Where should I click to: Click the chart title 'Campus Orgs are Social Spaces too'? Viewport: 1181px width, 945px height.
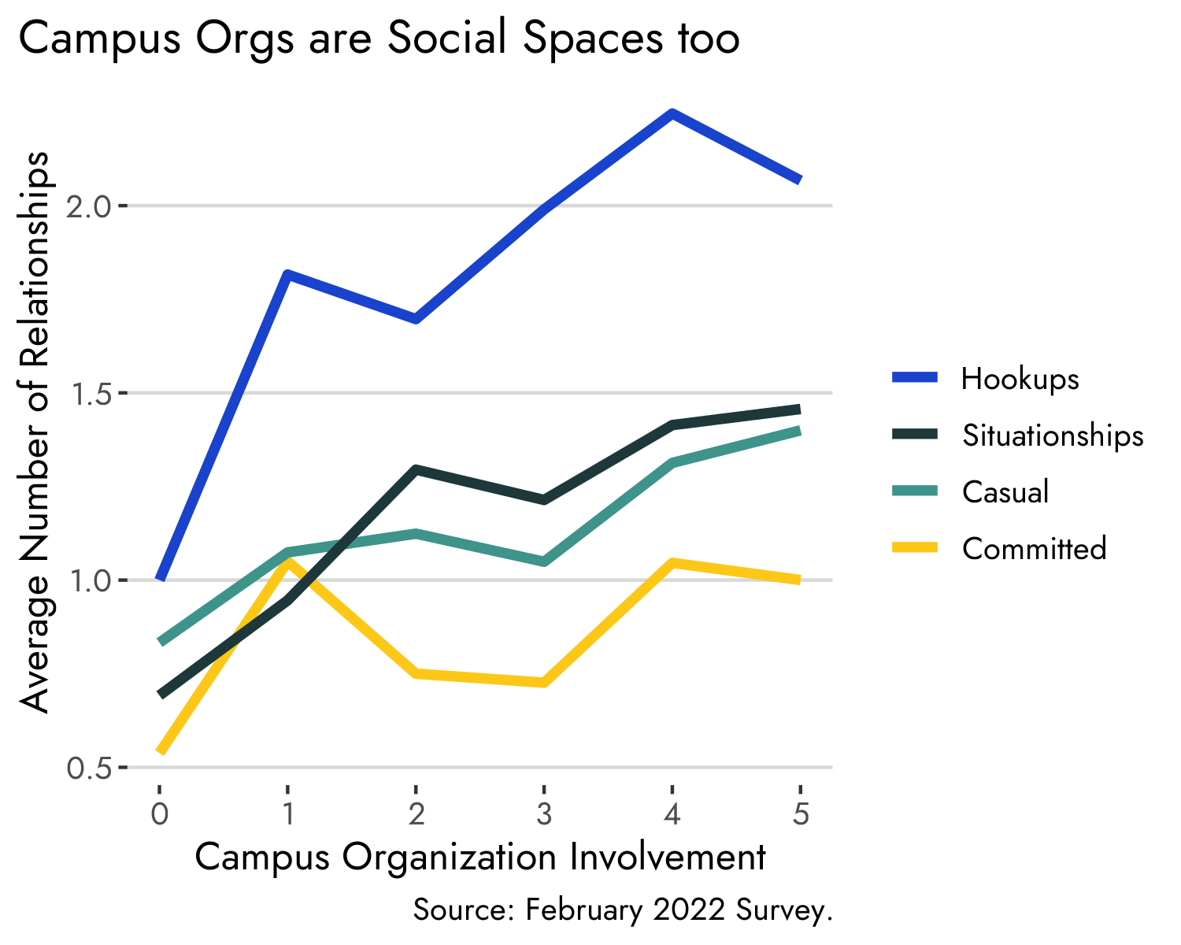[378, 39]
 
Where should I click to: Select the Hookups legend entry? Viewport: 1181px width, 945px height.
[1020, 379]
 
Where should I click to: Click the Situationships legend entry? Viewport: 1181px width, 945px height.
[1053, 435]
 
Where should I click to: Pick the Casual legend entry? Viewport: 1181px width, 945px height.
[1005, 492]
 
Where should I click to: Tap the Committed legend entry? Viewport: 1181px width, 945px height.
[1034, 548]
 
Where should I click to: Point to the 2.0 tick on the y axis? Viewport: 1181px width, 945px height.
[91, 207]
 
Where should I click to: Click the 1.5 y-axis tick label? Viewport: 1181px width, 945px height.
[91, 394]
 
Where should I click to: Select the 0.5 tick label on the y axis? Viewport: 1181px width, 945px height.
[91, 768]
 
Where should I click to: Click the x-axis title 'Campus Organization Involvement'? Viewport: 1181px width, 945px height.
[480, 858]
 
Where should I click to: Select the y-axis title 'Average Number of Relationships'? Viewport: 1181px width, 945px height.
[35, 433]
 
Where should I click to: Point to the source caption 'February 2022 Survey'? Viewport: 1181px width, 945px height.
[622, 910]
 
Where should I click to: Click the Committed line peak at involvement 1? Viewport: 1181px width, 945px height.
[288, 561]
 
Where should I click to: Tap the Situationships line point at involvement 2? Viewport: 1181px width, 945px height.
[416, 470]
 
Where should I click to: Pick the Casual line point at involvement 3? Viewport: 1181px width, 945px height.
[544, 561]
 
